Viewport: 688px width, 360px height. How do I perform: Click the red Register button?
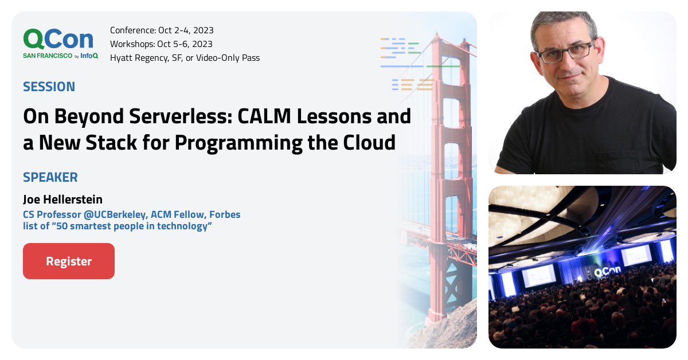tap(69, 261)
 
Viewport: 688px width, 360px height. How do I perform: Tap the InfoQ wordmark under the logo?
tap(89, 56)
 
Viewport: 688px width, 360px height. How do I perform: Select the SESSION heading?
tap(49, 87)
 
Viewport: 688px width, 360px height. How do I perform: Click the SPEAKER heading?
tap(50, 177)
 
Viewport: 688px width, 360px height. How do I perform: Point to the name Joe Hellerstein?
tap(62, 199)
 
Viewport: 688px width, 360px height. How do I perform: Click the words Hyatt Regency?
tap(138, 58)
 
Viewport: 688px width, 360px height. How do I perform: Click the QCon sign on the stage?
tap(605, 273)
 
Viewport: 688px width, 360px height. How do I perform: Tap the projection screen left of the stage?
tap(538, 275)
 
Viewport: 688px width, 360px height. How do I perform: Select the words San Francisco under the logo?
tap(48, 56)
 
